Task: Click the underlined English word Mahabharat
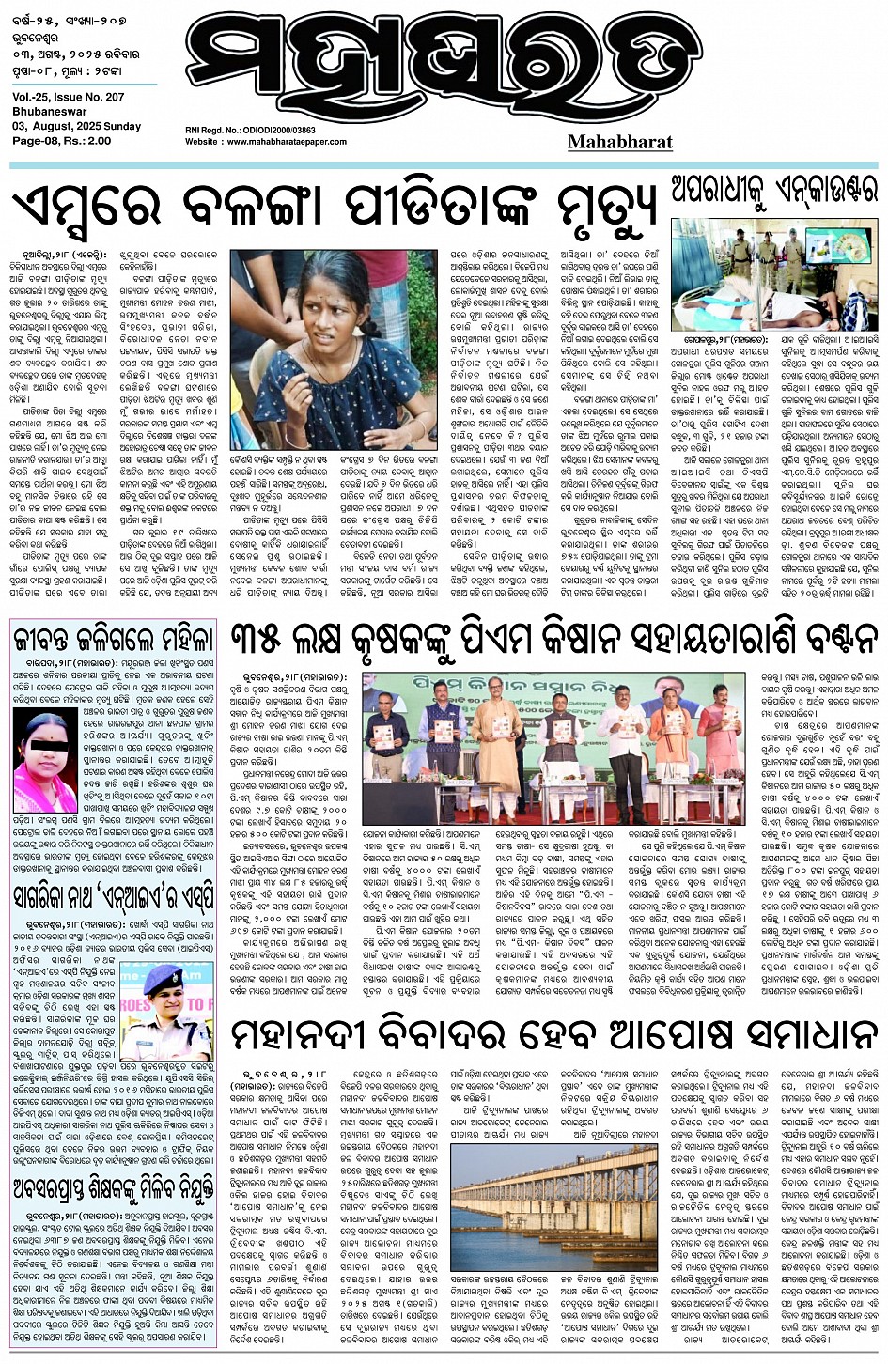(x=619, y=142)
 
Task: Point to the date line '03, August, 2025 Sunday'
(x=77, y=126)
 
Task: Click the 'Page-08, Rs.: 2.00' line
(x=62, y=140)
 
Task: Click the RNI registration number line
(x=250, y=132)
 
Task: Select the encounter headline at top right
(x=773, y=191)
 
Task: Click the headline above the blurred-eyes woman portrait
(x=113, y=639)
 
